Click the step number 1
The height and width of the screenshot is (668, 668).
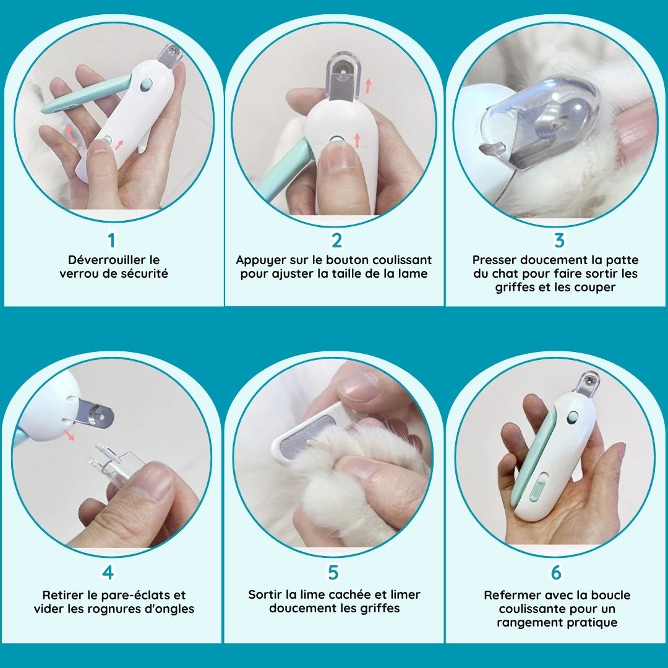click(111, 240)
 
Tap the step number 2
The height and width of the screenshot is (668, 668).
click(336, 240)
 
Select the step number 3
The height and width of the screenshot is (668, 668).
click(559, 240)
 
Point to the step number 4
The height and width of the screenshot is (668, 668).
click(108, 573)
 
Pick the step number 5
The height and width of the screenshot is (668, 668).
click(333, 573)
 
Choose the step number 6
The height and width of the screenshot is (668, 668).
click(556, 573)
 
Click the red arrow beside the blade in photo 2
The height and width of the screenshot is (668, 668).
click(368, 85)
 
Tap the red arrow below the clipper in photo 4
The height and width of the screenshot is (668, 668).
click(69, 435)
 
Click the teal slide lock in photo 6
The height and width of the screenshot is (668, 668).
click(537, 486)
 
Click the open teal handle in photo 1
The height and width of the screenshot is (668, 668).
click(86, 93)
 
